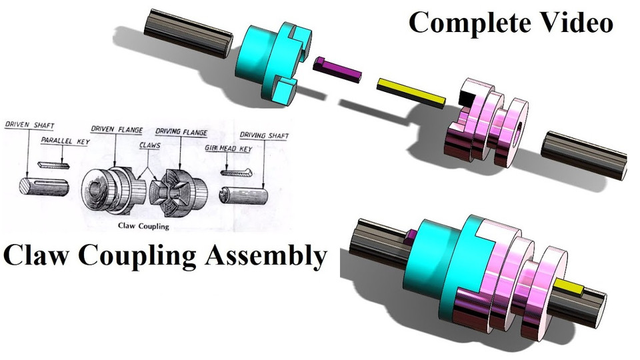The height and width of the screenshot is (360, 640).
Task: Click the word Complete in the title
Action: point(463,22)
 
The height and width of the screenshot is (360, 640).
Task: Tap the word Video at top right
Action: point(576,22)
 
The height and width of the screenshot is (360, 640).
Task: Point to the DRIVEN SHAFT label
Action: point(30,126)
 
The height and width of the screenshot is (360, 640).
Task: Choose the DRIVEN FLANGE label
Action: point(117,131)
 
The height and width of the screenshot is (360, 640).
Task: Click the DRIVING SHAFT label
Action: point(265,137)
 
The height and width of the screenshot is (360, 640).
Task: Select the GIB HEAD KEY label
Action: point(229,149)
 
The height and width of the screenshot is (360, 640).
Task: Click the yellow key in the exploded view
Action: point(411,93)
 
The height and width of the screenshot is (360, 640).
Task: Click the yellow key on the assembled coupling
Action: point(572,287)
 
